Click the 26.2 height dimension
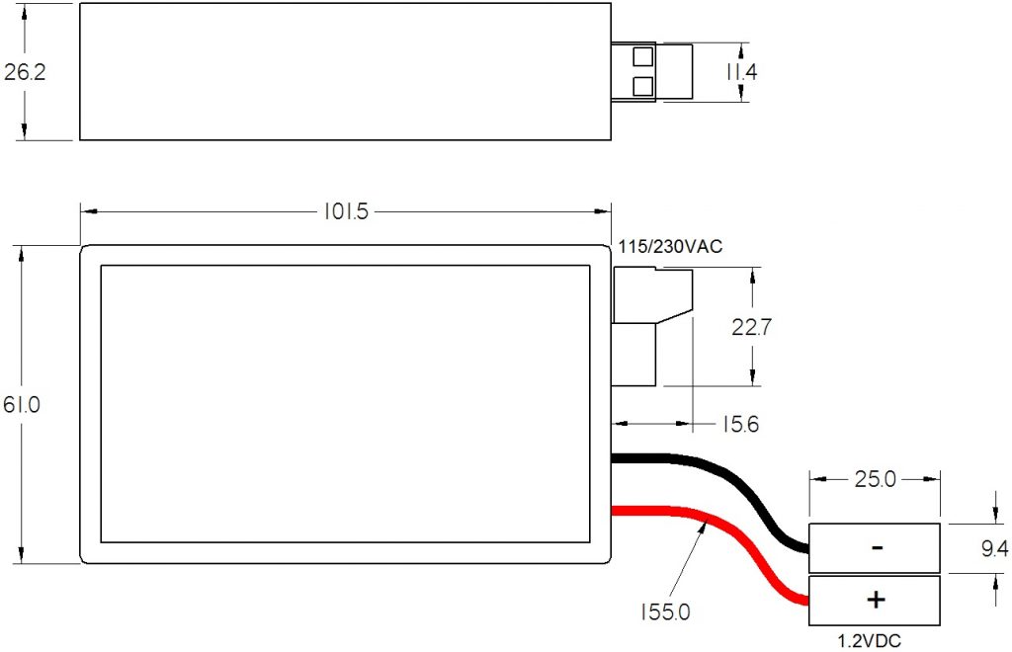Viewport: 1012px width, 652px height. point(25,72)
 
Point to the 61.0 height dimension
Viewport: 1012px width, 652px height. point(25,405)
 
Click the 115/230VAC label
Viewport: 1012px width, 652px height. point(671,247)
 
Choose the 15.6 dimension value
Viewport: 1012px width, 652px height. point(739,424)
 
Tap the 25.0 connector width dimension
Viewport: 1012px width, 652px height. point(874,481)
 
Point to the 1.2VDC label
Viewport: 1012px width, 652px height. point(869,640)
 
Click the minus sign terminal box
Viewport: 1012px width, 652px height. point(875,548)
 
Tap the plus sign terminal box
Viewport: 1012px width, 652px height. point(875,600)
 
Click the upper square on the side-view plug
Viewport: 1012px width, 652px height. point(643,56)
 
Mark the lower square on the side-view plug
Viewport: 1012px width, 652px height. point(643,86)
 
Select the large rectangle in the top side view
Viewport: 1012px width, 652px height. point(344,71)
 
